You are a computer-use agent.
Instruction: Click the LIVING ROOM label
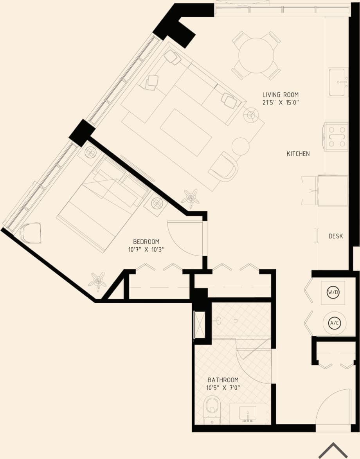[x=280, y=95]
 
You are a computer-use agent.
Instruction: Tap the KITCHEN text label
[x=298, y=154]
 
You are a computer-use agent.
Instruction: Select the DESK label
[x=335, y=236]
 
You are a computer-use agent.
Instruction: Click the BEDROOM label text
[x=146, y=242]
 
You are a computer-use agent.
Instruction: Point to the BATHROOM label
[x=223, y=380]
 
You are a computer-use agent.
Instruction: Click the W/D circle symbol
[x=333, y=292]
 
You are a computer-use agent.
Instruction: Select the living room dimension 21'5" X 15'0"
[x=280, y=103]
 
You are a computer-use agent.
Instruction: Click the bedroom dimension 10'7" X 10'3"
[x=146, y=250]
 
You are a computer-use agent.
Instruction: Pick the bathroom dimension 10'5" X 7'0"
[x=223, y=388]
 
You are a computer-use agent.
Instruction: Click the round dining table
[x=256, y=55]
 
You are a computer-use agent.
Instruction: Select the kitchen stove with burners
[x=336, y=137]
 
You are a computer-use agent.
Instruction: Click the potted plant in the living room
[x=191, y=198]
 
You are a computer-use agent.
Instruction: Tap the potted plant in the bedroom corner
[x=97, y=281]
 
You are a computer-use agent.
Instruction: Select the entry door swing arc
[x=333, y=407]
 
